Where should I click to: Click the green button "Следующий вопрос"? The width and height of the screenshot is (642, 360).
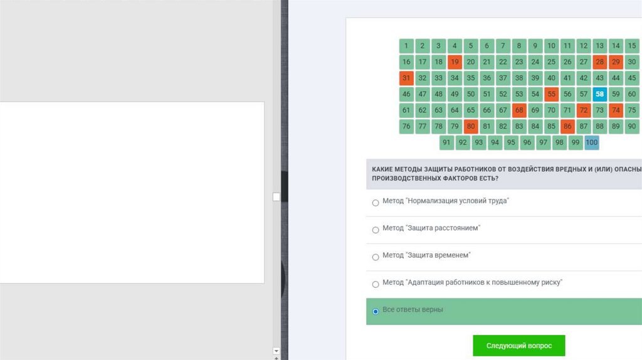[518, 346]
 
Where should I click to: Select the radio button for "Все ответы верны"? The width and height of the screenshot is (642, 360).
[376, 312]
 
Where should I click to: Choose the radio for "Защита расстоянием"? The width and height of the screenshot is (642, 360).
[376, 230]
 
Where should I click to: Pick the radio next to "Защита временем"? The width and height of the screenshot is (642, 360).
[376, 257]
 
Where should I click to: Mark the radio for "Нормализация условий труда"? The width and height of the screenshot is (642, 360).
[376, 203]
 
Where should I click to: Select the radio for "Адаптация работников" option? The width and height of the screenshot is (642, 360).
[376, 284]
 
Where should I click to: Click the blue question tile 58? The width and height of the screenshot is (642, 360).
[599, 94]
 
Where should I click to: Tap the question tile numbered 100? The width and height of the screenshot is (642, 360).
[592, 142]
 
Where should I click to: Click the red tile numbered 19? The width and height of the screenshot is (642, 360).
[455, 62]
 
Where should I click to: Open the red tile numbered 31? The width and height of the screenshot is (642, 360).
[406, 78]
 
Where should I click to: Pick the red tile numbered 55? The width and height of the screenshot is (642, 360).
[551, 94]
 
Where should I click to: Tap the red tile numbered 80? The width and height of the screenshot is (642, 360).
[471, 127]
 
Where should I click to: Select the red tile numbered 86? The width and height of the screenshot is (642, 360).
[567, 127]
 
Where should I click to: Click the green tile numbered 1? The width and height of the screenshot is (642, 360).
[406, 46]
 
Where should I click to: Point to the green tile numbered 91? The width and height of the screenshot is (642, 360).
[446, 142]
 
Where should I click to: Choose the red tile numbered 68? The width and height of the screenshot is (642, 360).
[519, 110]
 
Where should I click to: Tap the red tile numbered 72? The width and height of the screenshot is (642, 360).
[584, 110]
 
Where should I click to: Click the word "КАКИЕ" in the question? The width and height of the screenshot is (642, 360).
[382, 169]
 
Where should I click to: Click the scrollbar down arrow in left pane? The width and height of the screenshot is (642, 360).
[276, 351]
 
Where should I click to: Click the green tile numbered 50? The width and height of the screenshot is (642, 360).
[471, 94]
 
